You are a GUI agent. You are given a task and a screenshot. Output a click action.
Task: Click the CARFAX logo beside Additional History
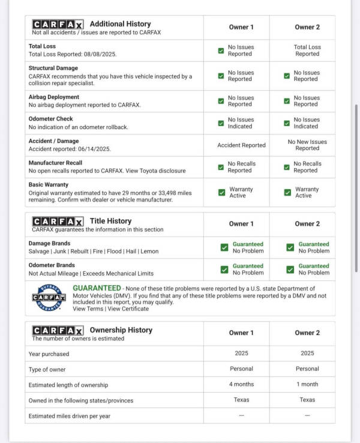pyautogui.click(x=58, y=24)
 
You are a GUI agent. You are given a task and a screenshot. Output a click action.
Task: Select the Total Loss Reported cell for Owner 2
pyautogui.click(x=307, y=50)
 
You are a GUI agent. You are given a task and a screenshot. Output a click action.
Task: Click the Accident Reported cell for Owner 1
pyautogui.click(x=241, y=145)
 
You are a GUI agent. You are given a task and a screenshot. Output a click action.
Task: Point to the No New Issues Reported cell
pyautogui.click(x=307, y=145)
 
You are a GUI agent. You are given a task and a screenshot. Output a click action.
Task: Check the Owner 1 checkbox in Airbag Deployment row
pyautogui.click(x=221, y=101)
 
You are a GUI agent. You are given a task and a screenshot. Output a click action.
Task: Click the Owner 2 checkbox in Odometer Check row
pyautogui.click(x=287, y=123)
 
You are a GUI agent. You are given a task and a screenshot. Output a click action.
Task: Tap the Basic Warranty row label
pyautogui.click(x=49, y=185)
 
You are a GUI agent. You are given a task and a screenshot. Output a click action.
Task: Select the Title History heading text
pyautogui.click(x=110, y=221)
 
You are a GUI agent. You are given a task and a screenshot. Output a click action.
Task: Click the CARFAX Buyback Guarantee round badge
pyautogui.click(x=49, y=298)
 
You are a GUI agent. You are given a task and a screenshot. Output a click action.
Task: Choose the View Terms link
pyautogui.click(x=88, y=309)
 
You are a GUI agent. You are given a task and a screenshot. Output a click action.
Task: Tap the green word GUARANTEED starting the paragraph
pyautogui.click(x=97, y=289)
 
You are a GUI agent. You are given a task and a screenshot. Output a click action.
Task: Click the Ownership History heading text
pyautogui.click(x=121, y=330)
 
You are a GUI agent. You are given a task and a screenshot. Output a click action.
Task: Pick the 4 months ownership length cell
pyautogui.click(x=241, y=384)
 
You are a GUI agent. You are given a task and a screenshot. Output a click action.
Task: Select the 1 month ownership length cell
pyautogui.click(x=307, y=384)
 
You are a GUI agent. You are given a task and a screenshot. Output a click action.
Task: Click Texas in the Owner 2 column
pyautogui.click(x=307, y=400)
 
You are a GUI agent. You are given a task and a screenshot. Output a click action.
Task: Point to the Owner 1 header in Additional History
pyautogui.click(x=241, y=27)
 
